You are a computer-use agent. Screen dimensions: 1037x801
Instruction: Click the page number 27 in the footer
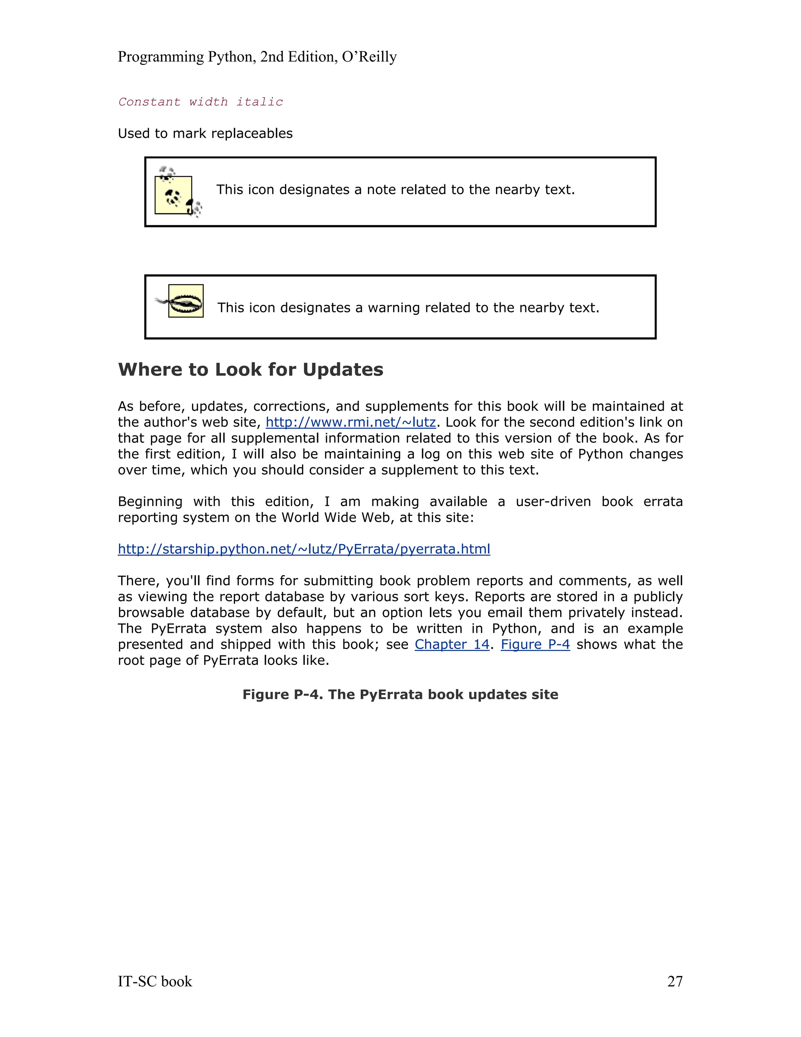coord(674,981)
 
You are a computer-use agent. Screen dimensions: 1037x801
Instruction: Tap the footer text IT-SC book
coord(155,981)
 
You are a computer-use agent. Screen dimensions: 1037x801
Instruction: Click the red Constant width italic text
coord(200,102)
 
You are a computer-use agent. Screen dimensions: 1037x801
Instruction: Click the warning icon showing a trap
coord(183,301)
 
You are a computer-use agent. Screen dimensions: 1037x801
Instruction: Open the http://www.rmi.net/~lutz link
coord(350,422)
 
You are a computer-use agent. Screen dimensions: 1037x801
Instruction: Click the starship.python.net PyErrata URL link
coord(304,549)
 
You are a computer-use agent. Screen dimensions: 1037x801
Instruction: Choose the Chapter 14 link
coord(451,645)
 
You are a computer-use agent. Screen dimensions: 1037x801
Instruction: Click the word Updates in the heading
coord(343,369)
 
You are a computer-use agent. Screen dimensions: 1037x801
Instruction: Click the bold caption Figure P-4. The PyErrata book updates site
coord(400,694)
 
